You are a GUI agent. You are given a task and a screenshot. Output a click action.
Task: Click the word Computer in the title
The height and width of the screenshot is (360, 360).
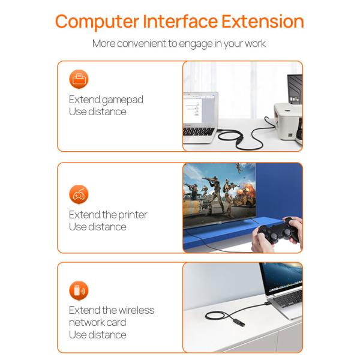click(x=97, y=22)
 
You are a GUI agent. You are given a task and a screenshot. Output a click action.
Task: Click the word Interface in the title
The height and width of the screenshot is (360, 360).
click(x=180, y=21)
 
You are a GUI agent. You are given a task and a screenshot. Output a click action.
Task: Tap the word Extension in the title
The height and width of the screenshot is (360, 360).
click(x=263, y=21)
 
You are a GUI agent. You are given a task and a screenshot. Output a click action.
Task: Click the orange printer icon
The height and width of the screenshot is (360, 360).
click(x=79, y=79)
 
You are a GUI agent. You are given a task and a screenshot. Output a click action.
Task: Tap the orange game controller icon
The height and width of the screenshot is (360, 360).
click(x=79, y=194)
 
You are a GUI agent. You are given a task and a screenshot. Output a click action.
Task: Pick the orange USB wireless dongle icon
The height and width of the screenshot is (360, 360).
click(x=79, y=290)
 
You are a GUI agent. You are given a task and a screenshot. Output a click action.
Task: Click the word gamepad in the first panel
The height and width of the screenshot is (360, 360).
click(x=122, y=100)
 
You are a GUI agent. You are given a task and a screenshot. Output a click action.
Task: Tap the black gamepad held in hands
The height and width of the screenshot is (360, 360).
click(x=278, y=232)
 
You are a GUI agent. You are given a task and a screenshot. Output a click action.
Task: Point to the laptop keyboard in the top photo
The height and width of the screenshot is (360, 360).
click(x=199, y=131)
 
